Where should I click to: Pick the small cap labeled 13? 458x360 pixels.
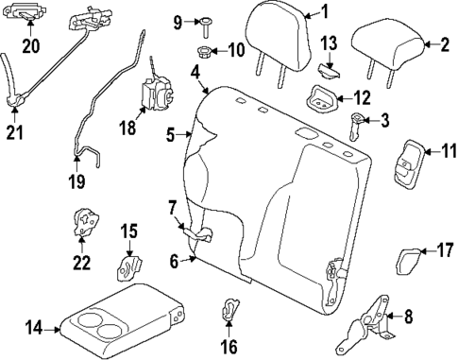(329, 67)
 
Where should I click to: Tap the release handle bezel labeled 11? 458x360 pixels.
(406, 162)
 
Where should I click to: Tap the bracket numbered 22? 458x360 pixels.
(86, 223)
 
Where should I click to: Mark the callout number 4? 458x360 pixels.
(194, 72)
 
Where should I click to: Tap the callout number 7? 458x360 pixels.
(172, 207)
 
